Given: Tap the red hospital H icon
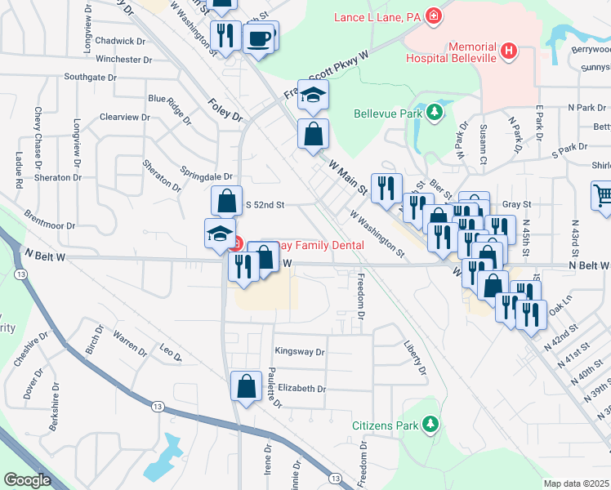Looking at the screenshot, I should pyautogui.click(x=510, y=51).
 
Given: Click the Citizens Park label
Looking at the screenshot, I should pyautogui.click(x=385, y=425).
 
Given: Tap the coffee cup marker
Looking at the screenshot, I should pyautogui.click(x=260, y=38).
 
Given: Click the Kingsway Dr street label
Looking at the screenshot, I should pyautogui.click(x=300, y=352).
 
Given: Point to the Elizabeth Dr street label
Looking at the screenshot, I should pyautogui.click(x=301, y=389).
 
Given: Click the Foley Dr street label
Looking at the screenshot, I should pyautogui.click(x=225, y=110).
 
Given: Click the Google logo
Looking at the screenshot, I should pyautogui.click(x=28, y=480).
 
